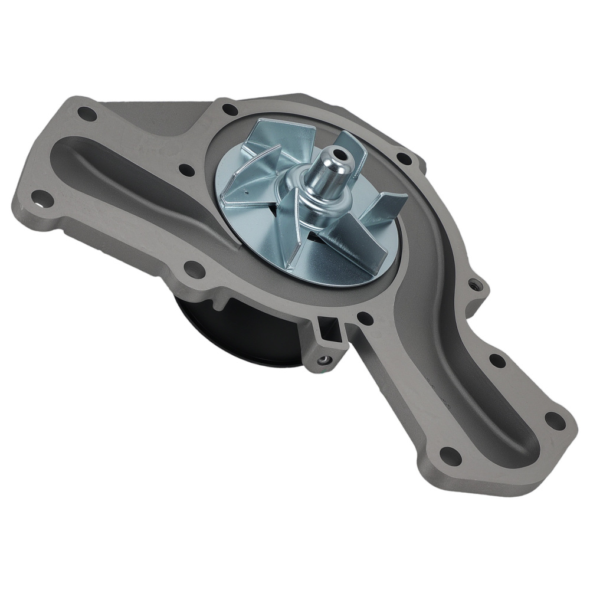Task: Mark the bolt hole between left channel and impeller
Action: tap(186, 170)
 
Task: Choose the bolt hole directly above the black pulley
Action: tap(193, 269)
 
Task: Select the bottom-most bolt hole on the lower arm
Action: tap(450, 455)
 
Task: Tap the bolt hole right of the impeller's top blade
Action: tap(404, 158)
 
